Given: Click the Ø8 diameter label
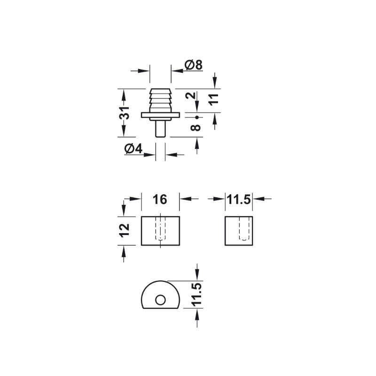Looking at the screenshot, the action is tap(194, 65).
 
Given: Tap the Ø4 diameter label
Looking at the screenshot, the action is tap(133, 149).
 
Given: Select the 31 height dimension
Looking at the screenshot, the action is tap(125, 113).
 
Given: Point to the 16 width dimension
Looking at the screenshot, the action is tap(160, 199).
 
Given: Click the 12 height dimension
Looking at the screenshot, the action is tap(125, 230).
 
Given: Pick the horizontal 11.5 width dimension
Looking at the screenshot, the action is tap(239, 199).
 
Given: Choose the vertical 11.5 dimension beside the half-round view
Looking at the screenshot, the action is tap(197, 295).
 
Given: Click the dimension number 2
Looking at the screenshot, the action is tap(191, 95).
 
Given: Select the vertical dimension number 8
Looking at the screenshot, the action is tap(196, 127).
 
